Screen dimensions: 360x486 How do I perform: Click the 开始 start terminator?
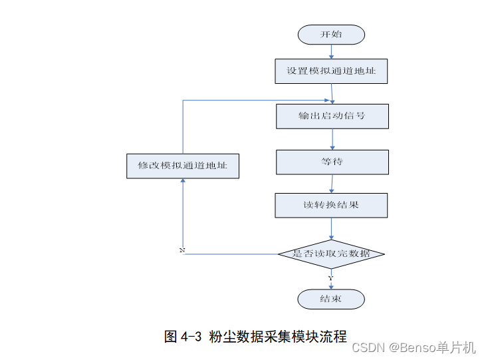pyautogui.click(x=331, y=35)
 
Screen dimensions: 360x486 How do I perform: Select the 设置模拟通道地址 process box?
pyautogui.click(x=331, y=71)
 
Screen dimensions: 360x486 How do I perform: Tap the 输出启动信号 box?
pyautogui.click(x=332, y=116)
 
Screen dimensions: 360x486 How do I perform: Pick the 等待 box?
pyautogui.click(x=332, y=162)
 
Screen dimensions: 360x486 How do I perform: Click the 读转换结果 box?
pyautogui.click(x=331, y=205)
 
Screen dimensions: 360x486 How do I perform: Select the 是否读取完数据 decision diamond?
pyautogui.click(x=331, y=254)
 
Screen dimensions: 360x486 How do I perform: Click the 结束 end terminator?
pyautogui.click(x=331, y=299)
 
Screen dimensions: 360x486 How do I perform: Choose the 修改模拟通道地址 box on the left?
pyautogui.click(x=183, y=166)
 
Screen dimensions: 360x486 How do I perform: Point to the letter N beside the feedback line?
pyautogui.click(x=182, y=250)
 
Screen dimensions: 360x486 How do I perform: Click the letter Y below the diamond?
pyautogui.click(x=330, y=277)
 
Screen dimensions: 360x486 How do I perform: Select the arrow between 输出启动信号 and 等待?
pyautogui.click(x=332, y=139)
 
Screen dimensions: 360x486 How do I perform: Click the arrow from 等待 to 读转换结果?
pyautogui.click(x=332, y=184)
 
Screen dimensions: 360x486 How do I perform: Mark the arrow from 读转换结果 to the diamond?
pyautogui.click(x=331, y=228)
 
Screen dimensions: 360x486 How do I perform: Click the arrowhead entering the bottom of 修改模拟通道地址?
pyautogui.click(x=183, y=182)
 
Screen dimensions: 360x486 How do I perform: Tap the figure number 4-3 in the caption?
pyautogui.click(x=191, y=337)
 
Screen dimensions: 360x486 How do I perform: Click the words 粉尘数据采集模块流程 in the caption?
pyautogui.click(x=277, y=337)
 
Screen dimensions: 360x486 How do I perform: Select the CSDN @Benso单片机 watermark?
pyautogui.click(x=413, y=347)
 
